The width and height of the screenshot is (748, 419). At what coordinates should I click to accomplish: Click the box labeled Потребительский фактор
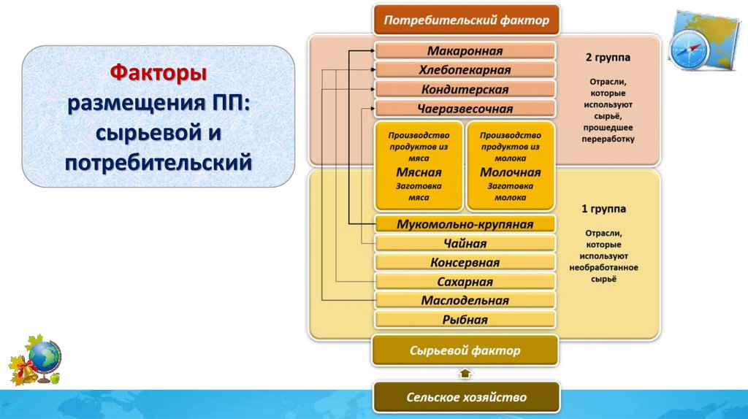tap(466, 20)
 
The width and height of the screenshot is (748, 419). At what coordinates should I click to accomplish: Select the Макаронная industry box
tap(465, 51)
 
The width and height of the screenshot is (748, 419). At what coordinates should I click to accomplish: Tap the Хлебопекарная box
tap(465, 70)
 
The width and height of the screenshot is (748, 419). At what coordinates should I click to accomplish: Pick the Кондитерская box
tap(465, 89)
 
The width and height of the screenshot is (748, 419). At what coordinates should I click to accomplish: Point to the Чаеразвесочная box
tap(465, 109)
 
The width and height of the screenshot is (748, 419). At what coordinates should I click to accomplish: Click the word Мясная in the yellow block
tap(419, 173)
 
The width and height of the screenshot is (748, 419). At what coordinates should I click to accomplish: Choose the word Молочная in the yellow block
tap(511, 173)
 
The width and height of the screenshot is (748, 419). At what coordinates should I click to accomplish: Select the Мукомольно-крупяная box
tap(465, 224)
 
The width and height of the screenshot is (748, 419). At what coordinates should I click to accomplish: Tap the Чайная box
tap(465, 243)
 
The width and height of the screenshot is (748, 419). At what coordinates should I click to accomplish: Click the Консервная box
tap(465, 263)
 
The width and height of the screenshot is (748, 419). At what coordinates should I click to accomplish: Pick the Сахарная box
tap(465, 282)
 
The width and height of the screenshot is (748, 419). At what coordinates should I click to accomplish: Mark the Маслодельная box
tap(465, 301)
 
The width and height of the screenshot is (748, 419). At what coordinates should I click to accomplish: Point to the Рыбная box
tap(465, 320)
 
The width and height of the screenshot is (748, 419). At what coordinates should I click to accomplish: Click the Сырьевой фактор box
tap(465, 350)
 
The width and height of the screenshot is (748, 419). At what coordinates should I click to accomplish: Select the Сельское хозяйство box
tap(466, 397)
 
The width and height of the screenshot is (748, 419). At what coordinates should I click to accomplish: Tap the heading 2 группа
tap(608, 56)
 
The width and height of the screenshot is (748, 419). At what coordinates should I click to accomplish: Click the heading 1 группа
tap(603, 209)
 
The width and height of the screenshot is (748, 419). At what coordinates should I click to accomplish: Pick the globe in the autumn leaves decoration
tap(46, 358)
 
